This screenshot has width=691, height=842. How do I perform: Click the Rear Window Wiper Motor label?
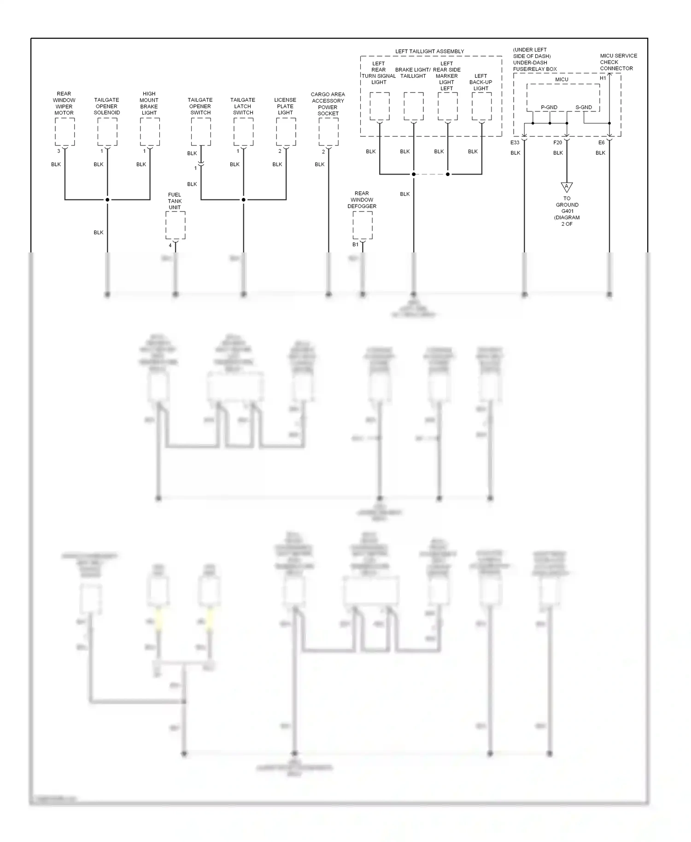click(64, 103)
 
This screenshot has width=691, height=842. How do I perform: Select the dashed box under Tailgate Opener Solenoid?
click(107, 132)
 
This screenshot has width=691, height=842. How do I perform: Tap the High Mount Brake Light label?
click(149, 103)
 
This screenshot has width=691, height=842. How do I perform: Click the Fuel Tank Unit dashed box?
click(176, 225)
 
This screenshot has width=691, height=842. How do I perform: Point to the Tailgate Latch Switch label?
click(243, 106)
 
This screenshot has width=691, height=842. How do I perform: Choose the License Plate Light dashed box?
click(286, 132)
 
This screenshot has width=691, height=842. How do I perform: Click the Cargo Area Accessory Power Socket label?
click(328, 104)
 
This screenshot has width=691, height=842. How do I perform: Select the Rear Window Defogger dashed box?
click(363, 225)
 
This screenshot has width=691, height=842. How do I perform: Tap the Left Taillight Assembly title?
click(429, 51)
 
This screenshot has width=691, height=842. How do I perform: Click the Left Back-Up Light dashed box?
click(482, 106)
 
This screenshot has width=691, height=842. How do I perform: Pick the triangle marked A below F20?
click(567, 187)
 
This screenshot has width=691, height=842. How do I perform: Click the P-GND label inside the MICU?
click(549, 107)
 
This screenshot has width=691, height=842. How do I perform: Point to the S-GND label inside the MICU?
click(584, 107)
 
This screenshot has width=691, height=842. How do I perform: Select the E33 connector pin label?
click(515, 143)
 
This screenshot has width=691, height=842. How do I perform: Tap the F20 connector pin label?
click(558, 143)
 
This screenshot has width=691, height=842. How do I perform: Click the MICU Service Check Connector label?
click(618, 62)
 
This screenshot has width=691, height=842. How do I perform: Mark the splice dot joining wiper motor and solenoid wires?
click(107, 199)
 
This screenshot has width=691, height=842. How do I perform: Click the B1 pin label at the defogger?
click(355, 245)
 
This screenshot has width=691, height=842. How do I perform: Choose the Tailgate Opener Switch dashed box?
click(201, 132)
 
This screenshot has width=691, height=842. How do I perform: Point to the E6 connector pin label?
click(601, 143)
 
